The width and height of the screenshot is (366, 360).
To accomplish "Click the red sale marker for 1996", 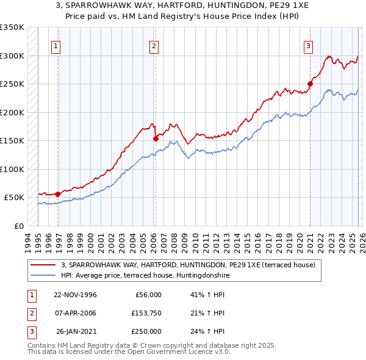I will pyautogui.click(x=58, y=194).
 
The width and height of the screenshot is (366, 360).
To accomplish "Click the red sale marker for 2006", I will pyautogui.click(x=156, y=139).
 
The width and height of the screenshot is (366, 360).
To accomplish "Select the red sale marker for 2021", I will pyautogui.click(x=310, y=84).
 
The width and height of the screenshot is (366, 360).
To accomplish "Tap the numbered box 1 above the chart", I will pyautogui.click(x=56, y=45).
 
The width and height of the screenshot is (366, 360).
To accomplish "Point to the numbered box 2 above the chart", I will pyautogui.click(x=153, y=45).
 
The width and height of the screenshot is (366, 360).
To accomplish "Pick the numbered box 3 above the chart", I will pyautogui.click(x=308, y=45).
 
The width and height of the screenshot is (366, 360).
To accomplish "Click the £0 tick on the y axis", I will pyautogui.click(x=18, y=226).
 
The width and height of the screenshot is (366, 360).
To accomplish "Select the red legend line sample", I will pyautogui.click(x=43, y=265).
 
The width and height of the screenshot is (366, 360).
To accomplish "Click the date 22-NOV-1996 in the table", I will pyautogui.click(x=75, y=295).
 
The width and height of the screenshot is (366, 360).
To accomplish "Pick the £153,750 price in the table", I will pyautogui.click(x=146, y=313).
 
